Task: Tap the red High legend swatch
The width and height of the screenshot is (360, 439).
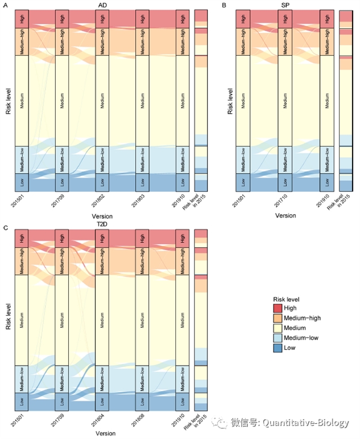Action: [x=278, y=308]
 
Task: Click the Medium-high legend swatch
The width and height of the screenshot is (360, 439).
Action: [x=278, y=318]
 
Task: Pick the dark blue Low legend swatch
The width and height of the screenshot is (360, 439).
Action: [x=278, y=348]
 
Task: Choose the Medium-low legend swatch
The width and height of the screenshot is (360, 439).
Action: [x=278, y=338]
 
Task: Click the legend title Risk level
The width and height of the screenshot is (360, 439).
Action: [x=286, y=299]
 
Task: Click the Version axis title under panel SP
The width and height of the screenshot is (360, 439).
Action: [x=285, y=215]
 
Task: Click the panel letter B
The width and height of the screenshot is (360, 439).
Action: [x=224, y=5]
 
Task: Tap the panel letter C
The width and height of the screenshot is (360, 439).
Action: [x=5, y=228]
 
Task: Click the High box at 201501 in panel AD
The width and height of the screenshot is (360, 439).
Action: [x=21, y=18]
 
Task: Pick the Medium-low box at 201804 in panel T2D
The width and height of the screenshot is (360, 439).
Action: [x=102, y=378]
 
